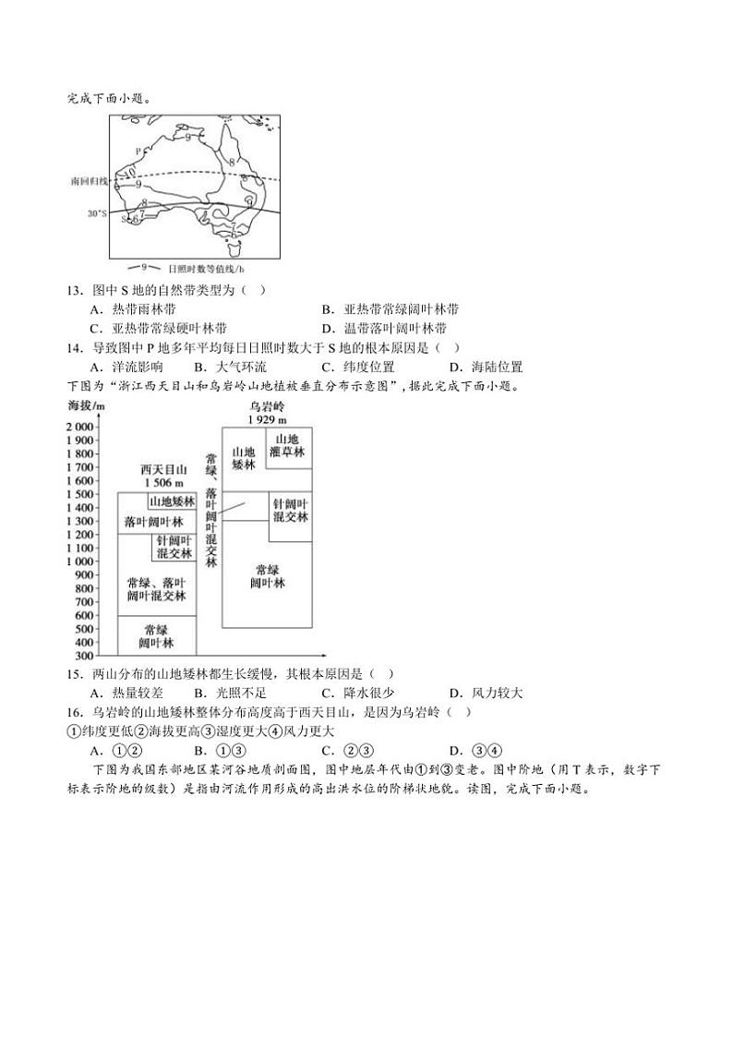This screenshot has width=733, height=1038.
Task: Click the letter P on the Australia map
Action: [x=138, y=150]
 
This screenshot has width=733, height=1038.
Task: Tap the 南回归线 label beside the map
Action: [x=89, y=182]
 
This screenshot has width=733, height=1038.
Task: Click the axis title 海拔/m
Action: [x=86, y=406]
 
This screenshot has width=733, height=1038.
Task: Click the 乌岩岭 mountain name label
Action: [x=267, y=406]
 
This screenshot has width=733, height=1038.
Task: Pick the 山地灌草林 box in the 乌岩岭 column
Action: [x=287, y=446]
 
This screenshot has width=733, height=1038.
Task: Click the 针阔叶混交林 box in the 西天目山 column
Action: [x=174, y=548]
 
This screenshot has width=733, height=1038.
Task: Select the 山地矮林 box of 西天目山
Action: [x=173, y=501]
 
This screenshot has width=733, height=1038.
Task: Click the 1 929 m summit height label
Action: [x=267, y=419]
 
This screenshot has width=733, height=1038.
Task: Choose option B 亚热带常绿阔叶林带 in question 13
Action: [x=389, y=309]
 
